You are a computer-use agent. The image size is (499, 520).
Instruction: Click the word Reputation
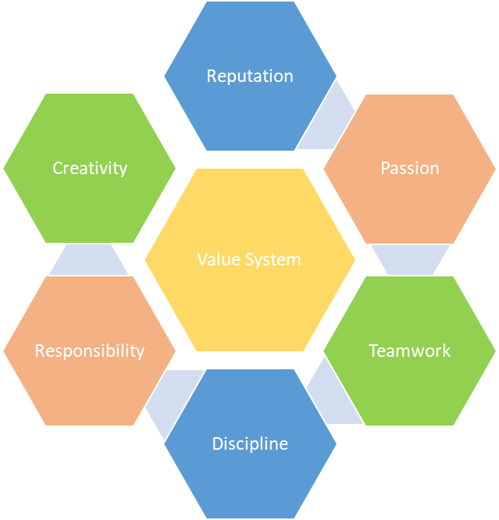tap(250, 77)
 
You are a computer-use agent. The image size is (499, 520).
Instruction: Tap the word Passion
tap(410, 168)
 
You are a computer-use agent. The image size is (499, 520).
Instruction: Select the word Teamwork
tap(409, 351)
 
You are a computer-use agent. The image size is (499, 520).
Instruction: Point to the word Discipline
tap(250, 443)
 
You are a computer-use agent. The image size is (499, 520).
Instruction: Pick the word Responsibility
tap(90, 351)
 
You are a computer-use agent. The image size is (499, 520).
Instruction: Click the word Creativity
tap(90, 169)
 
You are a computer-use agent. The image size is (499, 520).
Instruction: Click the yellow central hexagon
tap(250, 260)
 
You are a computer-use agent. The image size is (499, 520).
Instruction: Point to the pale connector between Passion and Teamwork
tap(411, 260)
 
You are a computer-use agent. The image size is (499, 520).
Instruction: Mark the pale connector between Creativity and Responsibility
tap(88, 260)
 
